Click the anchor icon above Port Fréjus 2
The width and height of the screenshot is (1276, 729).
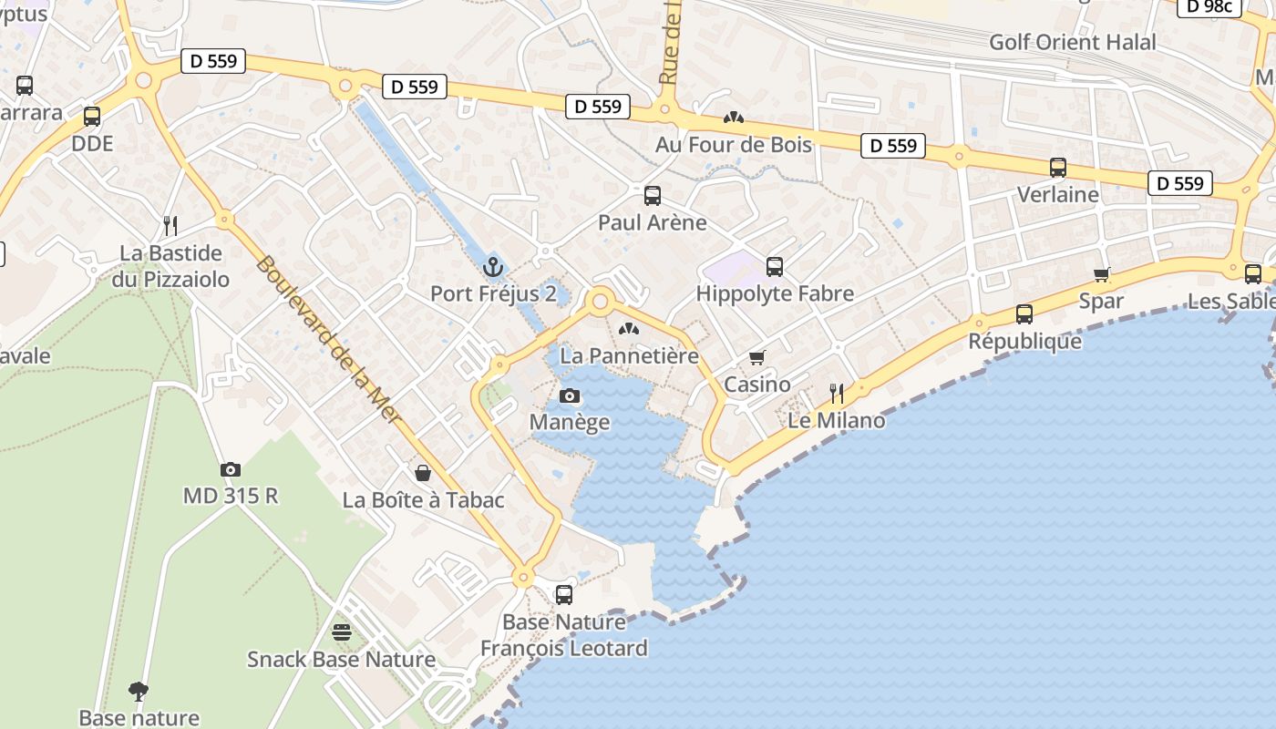point(492,267)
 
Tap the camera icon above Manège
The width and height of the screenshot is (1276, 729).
point(570,395)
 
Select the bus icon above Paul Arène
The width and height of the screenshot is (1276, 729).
point(653,195)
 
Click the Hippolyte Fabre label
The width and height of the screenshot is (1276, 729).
point(775,293)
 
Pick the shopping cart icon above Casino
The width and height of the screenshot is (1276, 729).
point(756,357)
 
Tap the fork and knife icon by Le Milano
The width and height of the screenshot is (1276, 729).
point(837,393)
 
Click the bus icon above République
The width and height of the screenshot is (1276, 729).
point(1024,314)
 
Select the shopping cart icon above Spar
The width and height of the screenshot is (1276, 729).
point(1102,274)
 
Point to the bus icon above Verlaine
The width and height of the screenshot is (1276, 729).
point(1058,168)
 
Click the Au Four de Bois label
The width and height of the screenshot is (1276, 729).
point(733,145)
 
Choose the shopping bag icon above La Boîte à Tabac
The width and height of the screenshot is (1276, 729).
point(423,473)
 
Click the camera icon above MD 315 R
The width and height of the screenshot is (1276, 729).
point(231,469)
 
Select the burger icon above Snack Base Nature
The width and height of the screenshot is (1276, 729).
point(342,631)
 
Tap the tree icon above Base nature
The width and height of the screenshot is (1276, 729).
point(139,691)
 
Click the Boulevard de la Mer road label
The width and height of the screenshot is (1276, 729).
point(326,334)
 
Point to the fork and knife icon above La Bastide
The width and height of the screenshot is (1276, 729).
point(170,225)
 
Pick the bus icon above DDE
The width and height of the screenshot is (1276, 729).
point(92,117)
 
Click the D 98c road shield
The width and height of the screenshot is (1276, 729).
point(1209,7)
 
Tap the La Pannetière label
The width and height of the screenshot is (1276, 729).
point(629,355)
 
